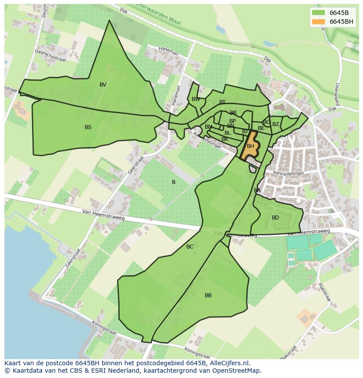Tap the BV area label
(103, 85)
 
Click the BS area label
(88, 127)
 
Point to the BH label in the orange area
(250, 146)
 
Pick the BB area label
(208, 295)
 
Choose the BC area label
(190, 247)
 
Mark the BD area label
(275, 218)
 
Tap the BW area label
(196, 99)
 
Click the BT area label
(222, 102)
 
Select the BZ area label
(275, 124)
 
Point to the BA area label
(257, 191)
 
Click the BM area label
(208, 127)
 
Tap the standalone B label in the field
(174, 182)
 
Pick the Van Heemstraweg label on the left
(103, 215)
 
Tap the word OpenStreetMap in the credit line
(238, 371)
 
